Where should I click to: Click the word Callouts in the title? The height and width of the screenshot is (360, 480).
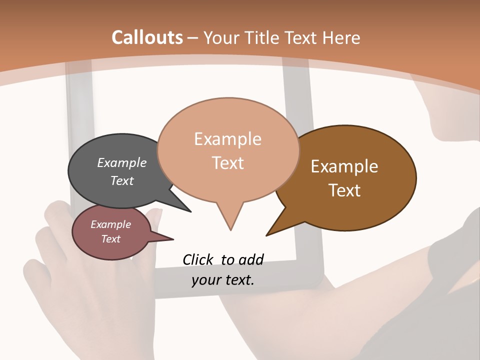pyautogui.click(x=147, y=37)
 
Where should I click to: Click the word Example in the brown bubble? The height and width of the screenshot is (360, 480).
pyautogui.click(x=344, y=166)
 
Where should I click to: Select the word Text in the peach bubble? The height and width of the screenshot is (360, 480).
pyautogui.click(x=228, y=163)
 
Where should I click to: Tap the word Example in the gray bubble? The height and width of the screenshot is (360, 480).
pyautogui.click(x=122, y=162)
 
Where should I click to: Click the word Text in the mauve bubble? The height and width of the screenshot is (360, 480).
pyautogui.click(x=111, y=239)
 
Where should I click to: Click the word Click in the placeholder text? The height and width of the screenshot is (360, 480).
pyautogui.click(x=198, y=259)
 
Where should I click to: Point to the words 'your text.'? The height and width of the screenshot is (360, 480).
pyautogui.click(x=223, y=280)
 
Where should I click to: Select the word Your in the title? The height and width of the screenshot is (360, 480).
pyautogui.click(x=222, y=37)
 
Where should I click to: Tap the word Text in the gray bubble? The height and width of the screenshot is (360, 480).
pyautogui.click(x=122, y=180)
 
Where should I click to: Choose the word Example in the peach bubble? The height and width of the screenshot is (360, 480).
pyautogui.click(x=228, y=139)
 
